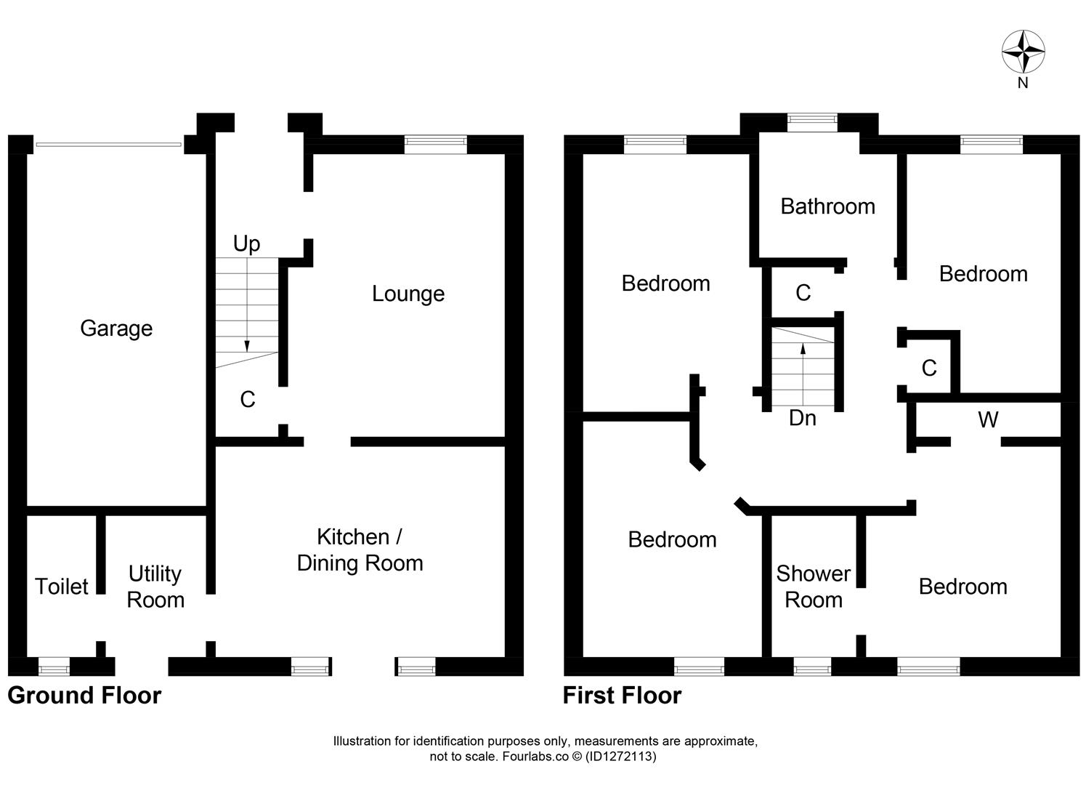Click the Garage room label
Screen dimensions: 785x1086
(x=116, y=329)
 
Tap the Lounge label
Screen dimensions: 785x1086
(x=408, y=294)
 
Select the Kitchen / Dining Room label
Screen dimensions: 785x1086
(x=360, y=550)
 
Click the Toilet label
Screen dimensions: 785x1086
(x=62, y=587)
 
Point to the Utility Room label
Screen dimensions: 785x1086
(x=155, y=587)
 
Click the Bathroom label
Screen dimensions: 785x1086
(x=827, y=206)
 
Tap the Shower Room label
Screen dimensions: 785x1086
(x=813, y=587)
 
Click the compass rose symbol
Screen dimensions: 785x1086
(x=1023, y=52)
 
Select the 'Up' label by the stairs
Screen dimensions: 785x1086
(x=246, y=243)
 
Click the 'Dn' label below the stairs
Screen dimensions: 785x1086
(x=802, y=419)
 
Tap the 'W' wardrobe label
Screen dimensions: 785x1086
(x=987, y=420)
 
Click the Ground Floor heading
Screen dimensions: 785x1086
(x=84, y=696)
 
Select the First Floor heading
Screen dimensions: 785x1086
(x=622, y=696)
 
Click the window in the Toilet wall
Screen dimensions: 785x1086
(x=54, y=666)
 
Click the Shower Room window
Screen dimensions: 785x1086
(x=811, y=666)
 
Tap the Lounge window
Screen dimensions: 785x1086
(x=435, y=144)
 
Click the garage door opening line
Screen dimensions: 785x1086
(x=108, y=145)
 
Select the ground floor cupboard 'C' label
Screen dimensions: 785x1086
(x=248, y=400)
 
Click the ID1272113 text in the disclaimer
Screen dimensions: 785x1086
(x=621, y=757)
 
